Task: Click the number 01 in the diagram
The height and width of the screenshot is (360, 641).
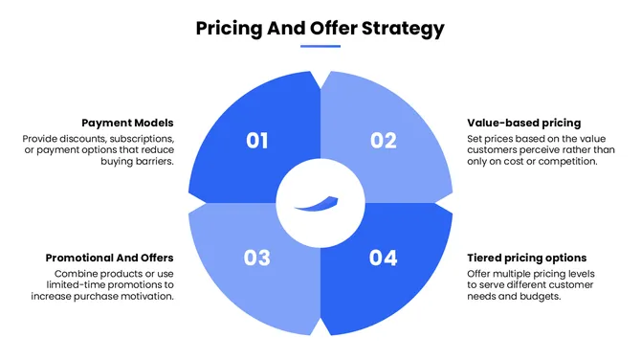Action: pyautogui.click(x=256, y=141)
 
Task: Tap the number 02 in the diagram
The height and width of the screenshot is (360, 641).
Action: pyautogui.click(x=384, y=141)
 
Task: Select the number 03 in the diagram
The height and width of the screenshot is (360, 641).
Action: pyautogui.click(x=256, y=258)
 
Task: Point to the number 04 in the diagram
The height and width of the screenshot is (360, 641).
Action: pyautogui.click(x=384, y=258)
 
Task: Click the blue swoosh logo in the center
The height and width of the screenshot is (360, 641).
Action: pyautogui.click(x=320, y=203)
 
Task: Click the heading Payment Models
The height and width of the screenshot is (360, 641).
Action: pyautogui.click(x=127, y=124)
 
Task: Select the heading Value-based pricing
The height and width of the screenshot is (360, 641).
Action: pyautogui.click(x=523, y=124)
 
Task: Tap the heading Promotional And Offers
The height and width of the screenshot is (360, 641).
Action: pyautogui.click(x=109, y=259)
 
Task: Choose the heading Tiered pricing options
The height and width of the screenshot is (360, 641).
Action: pyautogui.click(x=526, y=259)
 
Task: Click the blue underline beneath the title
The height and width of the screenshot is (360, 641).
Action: pyautogui.click(x=320, y=46)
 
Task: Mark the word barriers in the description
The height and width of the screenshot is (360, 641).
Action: pyautogui.click(x=153, y=162)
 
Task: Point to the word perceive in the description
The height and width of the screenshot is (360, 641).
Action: pyautogui.click(x=553, y=150)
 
